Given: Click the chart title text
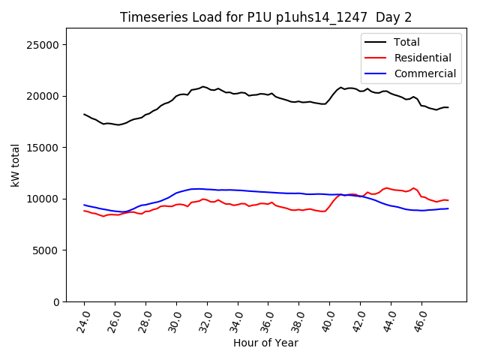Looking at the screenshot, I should (265, 17).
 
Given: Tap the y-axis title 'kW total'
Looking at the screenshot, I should (16, 165).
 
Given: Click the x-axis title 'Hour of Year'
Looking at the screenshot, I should (265, 343).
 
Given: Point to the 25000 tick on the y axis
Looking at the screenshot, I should (43, 45).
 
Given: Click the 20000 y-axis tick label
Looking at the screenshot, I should (43, 96).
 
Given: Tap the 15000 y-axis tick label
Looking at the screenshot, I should (43, 148).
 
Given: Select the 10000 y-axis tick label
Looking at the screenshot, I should (43, 199).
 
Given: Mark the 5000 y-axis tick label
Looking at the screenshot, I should (46, 250).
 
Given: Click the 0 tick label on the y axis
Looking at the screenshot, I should (56, 301).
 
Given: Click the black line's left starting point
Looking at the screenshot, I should (84, 114).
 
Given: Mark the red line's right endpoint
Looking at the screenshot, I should (448, 200).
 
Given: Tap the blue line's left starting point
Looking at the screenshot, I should (84, 205).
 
